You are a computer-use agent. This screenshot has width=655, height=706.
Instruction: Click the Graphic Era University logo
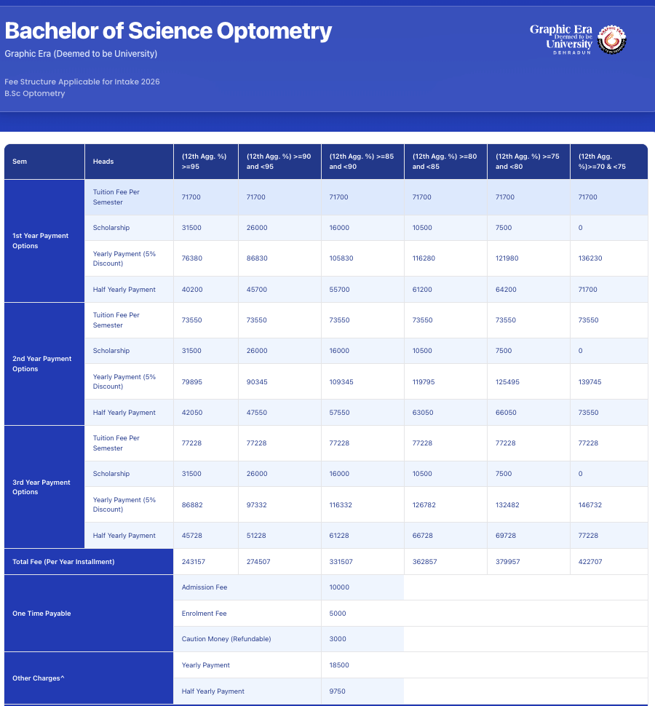click(x=578, y=39)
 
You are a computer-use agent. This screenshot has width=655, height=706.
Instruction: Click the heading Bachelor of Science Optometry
click(x=168, y=31)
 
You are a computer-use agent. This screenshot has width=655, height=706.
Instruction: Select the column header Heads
click(x=103, y=162)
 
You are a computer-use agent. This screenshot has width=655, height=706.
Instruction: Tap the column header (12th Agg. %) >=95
click(x=205, y=162)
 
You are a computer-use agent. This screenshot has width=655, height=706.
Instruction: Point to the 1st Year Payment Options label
click(x=41, y=241)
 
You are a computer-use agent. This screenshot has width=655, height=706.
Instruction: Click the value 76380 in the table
click(x=192, y=258)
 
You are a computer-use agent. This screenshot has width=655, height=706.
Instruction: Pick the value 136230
click(x=590, y=258)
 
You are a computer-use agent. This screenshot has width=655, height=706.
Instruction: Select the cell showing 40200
click(x=192, y=290)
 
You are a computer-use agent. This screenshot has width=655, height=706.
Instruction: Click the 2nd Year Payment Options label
click(x=42, y=364)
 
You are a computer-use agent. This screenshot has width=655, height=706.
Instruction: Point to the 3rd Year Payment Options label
click(x=41, y=487)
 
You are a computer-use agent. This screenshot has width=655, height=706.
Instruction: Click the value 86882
click(x=192, y=504)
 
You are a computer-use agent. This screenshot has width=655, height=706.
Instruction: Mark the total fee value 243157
click(x=194, y=562)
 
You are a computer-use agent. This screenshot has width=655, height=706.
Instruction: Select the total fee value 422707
click(x=590, y=562)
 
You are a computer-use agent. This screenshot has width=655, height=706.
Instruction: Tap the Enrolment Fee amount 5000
click(x=338, y=614)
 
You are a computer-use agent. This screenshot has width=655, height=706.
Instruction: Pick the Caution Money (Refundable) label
click(x=226, y=639)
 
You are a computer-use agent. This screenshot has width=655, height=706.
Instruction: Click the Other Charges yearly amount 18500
click(x=340, y=665)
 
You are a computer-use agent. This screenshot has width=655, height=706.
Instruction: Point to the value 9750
click(x=338, y=691)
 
